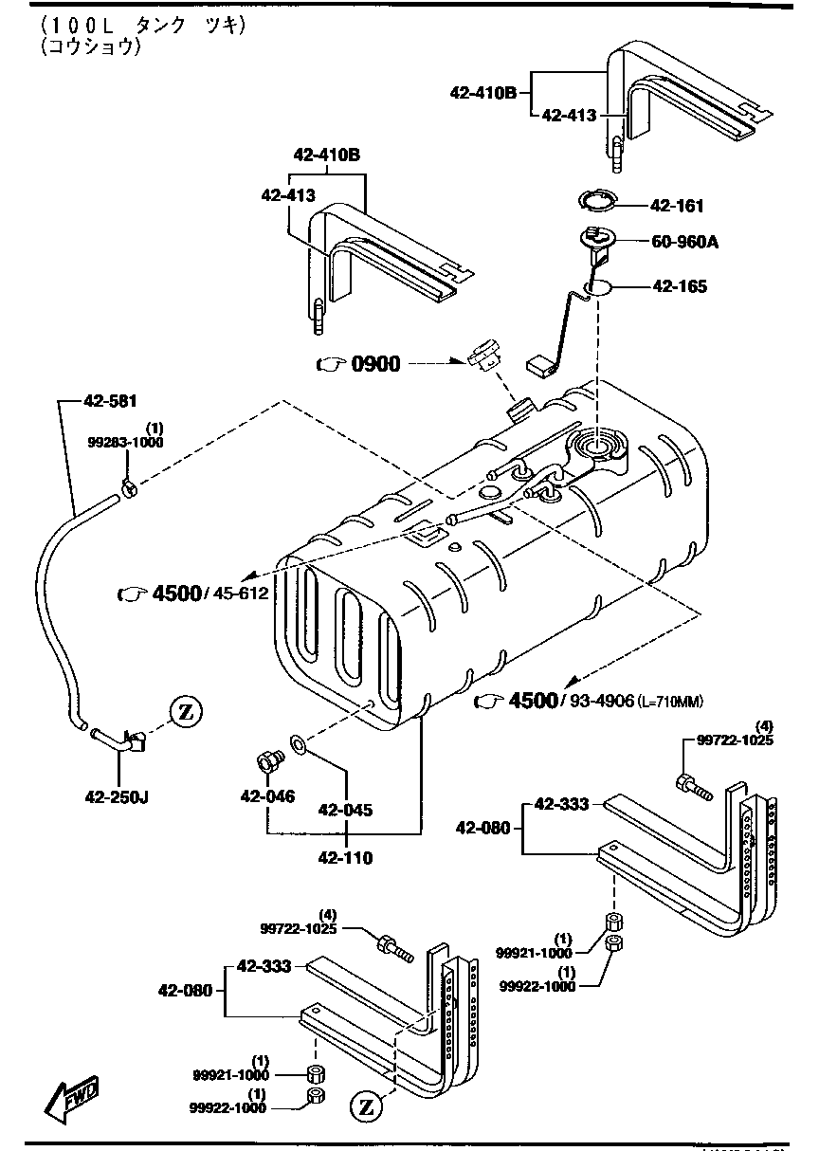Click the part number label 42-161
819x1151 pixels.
click(677, 206)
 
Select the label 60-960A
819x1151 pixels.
click(684, 242)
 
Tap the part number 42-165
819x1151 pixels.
click(678, 285)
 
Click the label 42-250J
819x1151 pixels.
click(114, 796)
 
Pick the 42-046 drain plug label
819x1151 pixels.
click(267, 796)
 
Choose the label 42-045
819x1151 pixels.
click(345, 811)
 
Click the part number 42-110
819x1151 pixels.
click(345, 858)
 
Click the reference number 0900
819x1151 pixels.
click(376, 364)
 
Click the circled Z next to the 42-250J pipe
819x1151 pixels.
click(186, 711)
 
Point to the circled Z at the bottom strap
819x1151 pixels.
click(367, 1105)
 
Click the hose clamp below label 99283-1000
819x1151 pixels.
click(130, 489)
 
